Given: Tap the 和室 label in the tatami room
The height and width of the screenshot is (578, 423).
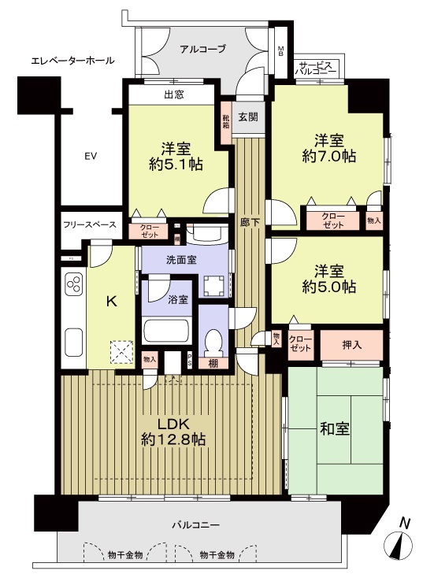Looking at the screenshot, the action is (x=335, y=429).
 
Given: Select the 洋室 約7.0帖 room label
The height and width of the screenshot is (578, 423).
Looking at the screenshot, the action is (x=329, y=149).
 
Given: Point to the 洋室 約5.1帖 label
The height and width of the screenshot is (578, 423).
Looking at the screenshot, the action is (x=176, y=156).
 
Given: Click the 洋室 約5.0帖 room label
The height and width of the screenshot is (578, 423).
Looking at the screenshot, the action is (x=329, y=279).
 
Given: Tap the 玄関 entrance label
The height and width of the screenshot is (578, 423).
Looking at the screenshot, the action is (x=248, y=117).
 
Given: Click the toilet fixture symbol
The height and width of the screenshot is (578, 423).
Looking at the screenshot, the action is (x=213, y=341).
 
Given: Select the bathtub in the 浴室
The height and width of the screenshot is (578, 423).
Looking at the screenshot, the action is (x=166, y=330).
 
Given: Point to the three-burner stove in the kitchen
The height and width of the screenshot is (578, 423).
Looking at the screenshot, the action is (x=74, y=284).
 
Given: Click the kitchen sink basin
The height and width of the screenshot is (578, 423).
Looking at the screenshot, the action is (x=74, y=343).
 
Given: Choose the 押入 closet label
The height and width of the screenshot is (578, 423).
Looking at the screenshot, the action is (x=351, y=345).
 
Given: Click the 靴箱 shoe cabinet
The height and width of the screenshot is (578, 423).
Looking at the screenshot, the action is (x=226, y=120).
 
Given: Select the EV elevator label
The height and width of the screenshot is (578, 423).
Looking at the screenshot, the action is (x=91, y=156).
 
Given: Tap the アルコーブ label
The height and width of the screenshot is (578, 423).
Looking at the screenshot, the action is (x=202, y=48).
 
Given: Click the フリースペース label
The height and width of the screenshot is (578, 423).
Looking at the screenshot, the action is (x=90, y=224).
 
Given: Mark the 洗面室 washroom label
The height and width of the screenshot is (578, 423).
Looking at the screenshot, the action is (x=180, y=260).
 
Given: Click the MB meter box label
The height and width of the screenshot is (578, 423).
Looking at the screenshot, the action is (x=281, y=51).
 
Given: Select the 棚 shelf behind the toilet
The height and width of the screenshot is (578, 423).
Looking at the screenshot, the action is (x=213, y=364).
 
